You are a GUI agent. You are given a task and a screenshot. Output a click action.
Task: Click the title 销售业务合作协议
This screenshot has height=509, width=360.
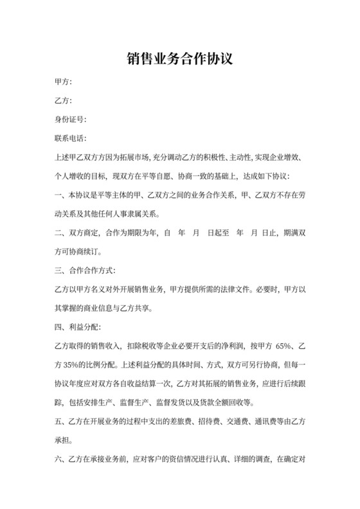[179, 59]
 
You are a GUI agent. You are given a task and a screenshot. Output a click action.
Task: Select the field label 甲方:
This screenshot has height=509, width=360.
[63, 82]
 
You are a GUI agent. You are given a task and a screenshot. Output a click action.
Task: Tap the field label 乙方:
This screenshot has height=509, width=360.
[63, 101]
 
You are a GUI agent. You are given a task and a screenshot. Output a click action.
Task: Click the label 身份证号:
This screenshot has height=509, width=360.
[70, 120]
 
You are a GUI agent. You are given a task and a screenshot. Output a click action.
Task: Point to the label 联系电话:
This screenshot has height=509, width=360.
[70, 138]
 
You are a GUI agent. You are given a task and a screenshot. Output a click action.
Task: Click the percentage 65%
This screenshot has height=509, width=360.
[284, 346]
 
